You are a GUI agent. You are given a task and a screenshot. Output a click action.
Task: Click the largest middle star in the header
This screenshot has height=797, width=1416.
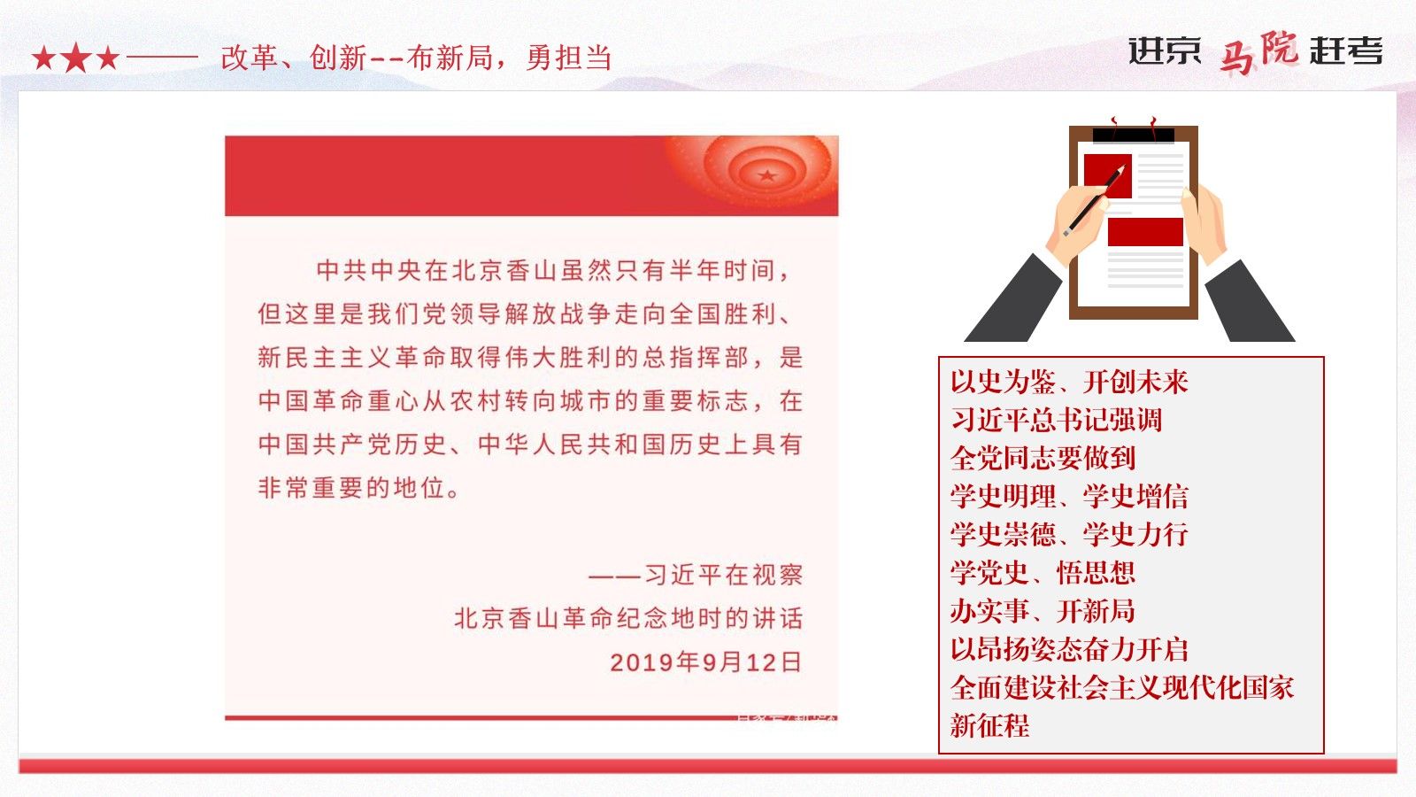point(76,58)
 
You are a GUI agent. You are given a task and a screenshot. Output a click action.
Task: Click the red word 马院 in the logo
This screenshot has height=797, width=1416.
point(1258,52)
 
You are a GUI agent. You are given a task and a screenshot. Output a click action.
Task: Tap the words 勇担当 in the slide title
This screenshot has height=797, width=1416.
point(569,58)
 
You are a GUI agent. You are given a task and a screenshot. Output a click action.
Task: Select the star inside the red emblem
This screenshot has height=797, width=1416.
point(767,175)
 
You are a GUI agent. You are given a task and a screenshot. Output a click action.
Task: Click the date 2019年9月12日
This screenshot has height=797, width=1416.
point(706,662)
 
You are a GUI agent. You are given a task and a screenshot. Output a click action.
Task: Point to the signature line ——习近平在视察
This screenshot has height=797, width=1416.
point(696,575)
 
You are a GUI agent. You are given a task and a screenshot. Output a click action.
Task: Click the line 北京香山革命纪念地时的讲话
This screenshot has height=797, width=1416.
point(629,619)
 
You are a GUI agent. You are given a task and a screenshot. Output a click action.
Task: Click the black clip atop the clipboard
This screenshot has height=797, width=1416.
point(1134,135)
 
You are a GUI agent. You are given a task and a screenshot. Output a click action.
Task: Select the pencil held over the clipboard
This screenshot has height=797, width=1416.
point(1094,200)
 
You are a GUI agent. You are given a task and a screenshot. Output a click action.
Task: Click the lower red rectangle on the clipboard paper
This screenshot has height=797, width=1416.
point(1145,231)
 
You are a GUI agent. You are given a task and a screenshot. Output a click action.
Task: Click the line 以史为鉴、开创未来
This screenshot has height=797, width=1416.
point(1069,382)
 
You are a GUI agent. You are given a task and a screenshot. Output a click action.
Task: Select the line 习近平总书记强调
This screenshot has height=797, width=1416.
point(1057,420)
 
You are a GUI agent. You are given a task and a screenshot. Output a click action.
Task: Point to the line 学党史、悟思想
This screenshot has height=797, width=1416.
point(1043,573)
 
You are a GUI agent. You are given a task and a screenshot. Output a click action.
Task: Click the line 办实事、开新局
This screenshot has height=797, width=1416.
point(1043,611)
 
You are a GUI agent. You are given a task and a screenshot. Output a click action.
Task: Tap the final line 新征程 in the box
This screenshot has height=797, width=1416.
point(990,725)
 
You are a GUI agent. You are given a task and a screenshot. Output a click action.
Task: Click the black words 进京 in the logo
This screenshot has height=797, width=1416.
point(1165,50)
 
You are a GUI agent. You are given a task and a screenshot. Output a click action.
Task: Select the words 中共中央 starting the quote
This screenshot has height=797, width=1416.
point(369,270)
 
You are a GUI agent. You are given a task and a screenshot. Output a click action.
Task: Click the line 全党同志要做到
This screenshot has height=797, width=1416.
point(1043,458)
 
